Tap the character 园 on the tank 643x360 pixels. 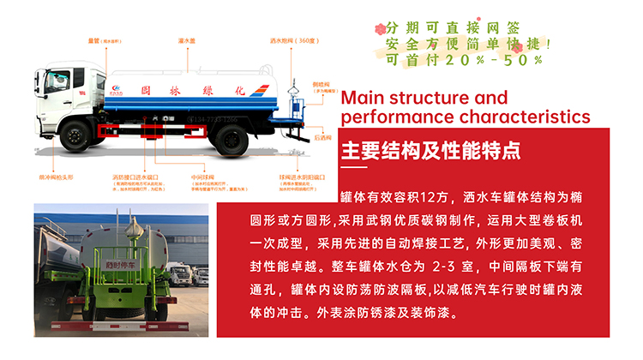coord(147,89)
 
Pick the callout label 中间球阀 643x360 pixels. coord(202,177)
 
